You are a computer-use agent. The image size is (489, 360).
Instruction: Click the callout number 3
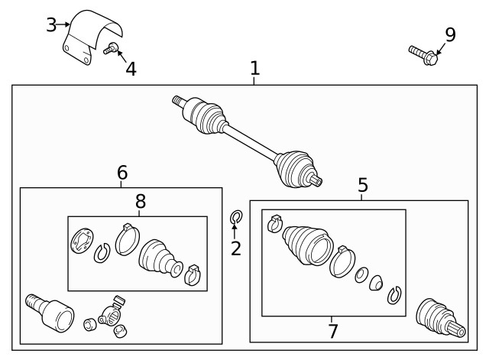[51, 24]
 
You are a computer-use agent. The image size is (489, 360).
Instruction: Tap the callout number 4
[131, 69]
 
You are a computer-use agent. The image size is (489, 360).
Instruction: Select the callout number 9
[450, 34]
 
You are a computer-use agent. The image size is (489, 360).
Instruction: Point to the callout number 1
[254, 68]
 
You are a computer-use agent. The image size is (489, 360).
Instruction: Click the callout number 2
[236, 248]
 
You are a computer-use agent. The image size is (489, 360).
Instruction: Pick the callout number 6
[122, 173]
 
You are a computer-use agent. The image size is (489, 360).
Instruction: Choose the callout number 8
[141, 202]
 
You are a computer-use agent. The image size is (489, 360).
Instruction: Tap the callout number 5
[363, 185]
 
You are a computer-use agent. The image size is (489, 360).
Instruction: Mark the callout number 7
[333, 331]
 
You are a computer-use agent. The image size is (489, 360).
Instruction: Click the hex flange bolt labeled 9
[423, 55]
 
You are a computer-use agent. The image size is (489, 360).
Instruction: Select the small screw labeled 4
[111, 48]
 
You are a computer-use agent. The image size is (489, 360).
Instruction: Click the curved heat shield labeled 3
[91, 37]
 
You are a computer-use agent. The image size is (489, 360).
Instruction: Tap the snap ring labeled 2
[236, 217]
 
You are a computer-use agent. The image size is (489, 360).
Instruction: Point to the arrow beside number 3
[63, 24]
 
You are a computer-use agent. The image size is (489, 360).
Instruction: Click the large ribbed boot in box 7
[307, 245]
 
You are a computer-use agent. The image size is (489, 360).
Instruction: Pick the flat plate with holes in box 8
[82, 241]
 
